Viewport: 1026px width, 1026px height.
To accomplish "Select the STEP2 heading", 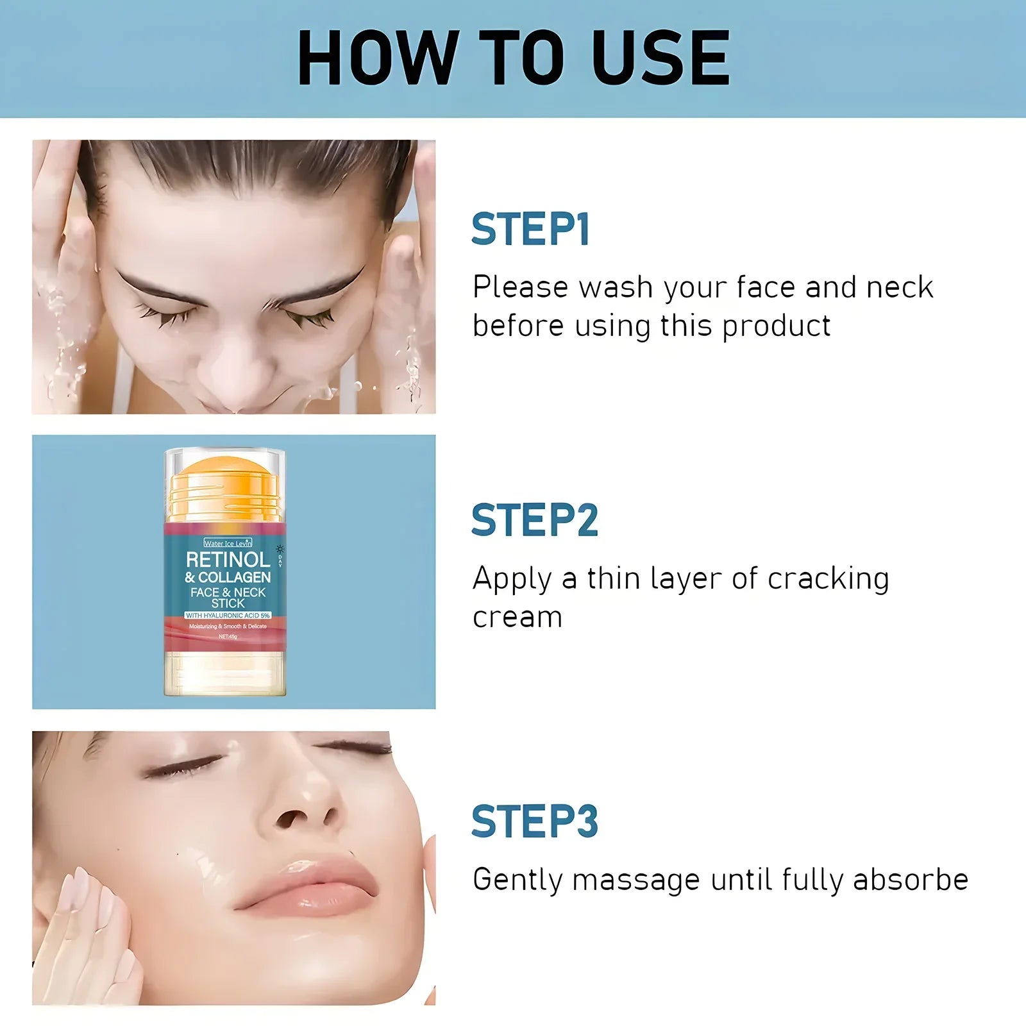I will click(535, 519).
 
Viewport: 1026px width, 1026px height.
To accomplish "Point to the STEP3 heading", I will click(535, 821).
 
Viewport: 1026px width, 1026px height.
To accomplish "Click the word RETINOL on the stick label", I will click(228, 559).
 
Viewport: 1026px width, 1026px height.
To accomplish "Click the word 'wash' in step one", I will click(616, 287).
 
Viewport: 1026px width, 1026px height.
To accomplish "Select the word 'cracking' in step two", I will click(828, 580).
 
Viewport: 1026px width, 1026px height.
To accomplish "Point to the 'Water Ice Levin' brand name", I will click(228, 543).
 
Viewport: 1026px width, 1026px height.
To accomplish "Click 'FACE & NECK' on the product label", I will click(228, 592).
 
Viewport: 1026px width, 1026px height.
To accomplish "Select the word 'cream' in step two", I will click(517, 618).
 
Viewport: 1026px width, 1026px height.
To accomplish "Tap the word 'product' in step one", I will click(776, 327).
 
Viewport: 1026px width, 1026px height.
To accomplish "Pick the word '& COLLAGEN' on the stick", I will click(228, 577).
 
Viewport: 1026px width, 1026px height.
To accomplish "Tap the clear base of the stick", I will click(224, 673).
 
